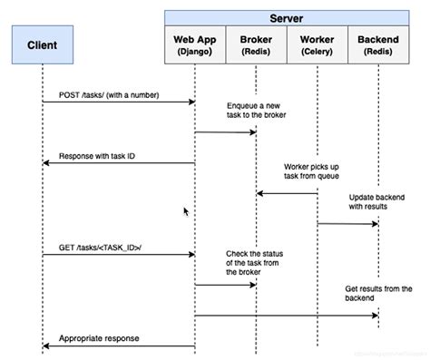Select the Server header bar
coord(286,17)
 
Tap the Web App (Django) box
coord(195,47)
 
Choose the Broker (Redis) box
coord(256,47)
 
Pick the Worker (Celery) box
coord(317,47)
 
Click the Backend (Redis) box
coord(377,47)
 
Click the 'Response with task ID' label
coord(97,155)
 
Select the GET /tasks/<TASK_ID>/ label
coord(101,247)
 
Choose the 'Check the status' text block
coord(254,263)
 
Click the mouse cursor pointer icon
coord(187,211)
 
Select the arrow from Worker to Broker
coord(286,193)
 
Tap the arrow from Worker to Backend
coord(347,223)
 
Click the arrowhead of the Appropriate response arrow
coord(45,345)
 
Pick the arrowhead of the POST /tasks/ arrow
coord(191,102)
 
